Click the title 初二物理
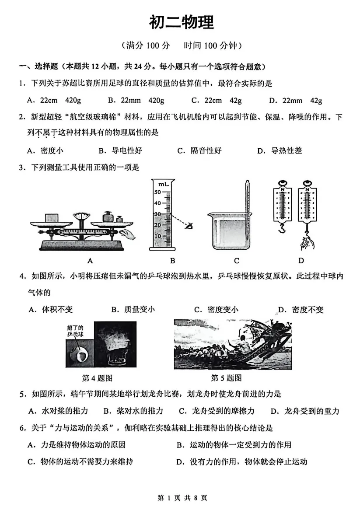pyautogui.click(x=182, y=22)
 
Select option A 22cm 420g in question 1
pyautogui.click(x=54, y=101)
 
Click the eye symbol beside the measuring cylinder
pyautogui.click(x=189, y=226)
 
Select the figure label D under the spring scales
pyautogui.click(x=301, y=261)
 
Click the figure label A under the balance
pyautogui.click(x=90, y=261)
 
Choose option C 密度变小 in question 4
pyautogui.click(x=216, y=310)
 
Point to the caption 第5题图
pyautogui.click(x=226, y=378)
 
